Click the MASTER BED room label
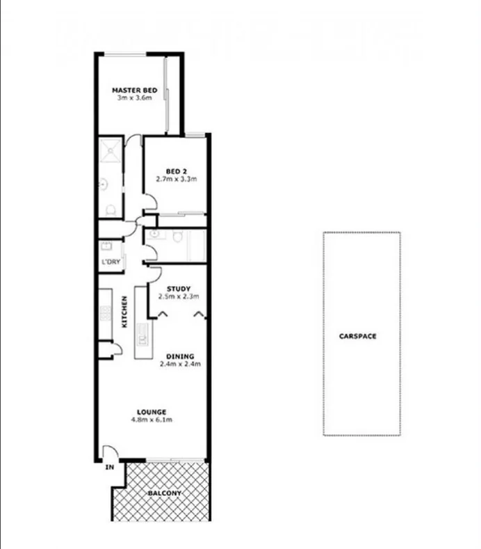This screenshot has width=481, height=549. point(135,90)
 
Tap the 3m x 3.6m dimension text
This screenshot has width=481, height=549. point(135,99)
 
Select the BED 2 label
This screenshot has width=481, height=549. point(176,171)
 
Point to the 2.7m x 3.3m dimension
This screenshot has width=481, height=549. point(176,180)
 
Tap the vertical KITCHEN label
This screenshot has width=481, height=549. point(125,312)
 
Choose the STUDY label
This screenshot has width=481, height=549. point(179,289)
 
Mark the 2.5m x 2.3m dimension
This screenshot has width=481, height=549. point(179,297)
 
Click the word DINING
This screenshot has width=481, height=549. point(180,356)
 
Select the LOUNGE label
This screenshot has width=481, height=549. point(151,411)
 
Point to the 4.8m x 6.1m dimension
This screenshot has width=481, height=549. point(151,420)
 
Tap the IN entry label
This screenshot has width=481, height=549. point(109,468)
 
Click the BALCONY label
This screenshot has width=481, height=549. point(164,493)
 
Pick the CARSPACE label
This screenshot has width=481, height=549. point(358,336)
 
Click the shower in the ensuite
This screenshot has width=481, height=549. point(109,150)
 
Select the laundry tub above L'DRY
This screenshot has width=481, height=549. point(108,247)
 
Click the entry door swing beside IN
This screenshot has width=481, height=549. point(108,453)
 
